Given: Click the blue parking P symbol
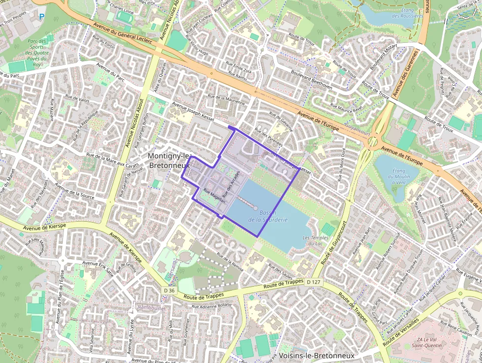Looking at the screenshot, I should tap(41, 17).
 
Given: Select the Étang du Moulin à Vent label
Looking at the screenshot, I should tap(396, 176).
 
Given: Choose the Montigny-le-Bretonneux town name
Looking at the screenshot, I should tap(169, 161).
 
